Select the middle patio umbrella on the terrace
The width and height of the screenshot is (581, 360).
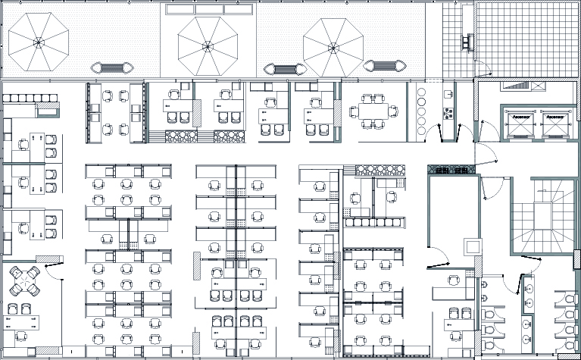(206, 42)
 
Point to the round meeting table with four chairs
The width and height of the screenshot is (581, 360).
(27, 281)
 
